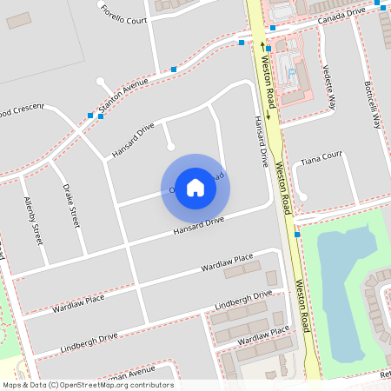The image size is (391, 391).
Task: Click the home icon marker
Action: pyautogui.click(x=195, y=188)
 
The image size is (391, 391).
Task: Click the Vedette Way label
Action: pyautogui.click(x=328, y=88)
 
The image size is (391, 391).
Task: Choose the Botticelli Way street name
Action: pyautogui.click(x=373, y=106)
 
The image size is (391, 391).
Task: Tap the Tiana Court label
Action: pyautogui.click(x=321, y=161)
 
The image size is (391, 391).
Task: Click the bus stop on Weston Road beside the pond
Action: pyautogui.click(x=297, y=234)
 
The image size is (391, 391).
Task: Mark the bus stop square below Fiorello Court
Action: pyautogui.click(x=174, y=69)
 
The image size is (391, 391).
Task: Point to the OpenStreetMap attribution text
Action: pyautogui.click(x=88, y=384)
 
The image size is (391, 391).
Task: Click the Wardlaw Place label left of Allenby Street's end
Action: pyautogui.click(x=78, y=303)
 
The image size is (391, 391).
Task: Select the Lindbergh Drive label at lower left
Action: pyautogui.click(x=89, y=341)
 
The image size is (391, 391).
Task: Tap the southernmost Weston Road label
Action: pyautogui.click(x=303, y=305)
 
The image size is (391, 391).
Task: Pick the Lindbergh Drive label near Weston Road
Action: pyautogui.click(x=243, y=301)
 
